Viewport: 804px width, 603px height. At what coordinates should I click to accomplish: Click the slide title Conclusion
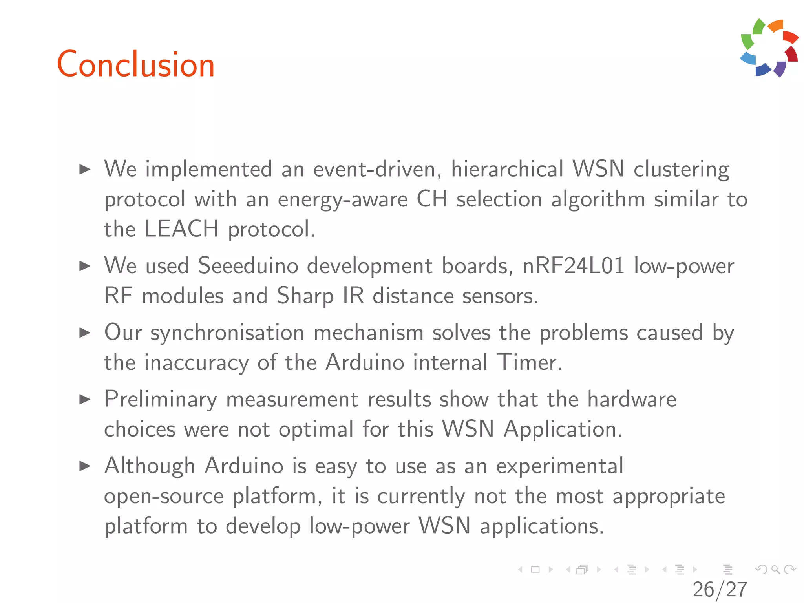(136, 65)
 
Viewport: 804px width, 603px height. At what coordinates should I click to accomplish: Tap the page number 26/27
(720, 589)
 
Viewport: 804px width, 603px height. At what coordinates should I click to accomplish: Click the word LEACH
(181, 229)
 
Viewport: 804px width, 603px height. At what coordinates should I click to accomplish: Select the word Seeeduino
(248, 266)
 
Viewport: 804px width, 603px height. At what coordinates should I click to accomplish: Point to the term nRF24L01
(573, 266)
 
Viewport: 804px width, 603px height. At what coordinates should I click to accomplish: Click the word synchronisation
(227, 333)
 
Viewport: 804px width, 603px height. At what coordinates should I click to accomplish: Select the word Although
(150, 466)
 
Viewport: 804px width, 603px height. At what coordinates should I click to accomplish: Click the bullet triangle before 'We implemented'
(85, 170)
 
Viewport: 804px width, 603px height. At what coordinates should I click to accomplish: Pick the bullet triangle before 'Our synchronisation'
(85, 333)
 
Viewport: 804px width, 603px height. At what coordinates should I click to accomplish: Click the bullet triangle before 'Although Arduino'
(85, 466)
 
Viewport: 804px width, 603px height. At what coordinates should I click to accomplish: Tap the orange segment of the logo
(776, 25)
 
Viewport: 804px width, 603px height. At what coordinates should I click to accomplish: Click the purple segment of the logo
(780, 69)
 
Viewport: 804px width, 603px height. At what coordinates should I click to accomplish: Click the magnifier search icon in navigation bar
(775, 569)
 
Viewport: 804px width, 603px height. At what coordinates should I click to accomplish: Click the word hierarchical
(507, 170)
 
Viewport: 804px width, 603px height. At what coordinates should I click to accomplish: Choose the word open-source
(164, 496)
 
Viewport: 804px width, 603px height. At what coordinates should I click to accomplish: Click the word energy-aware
(342, 199)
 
